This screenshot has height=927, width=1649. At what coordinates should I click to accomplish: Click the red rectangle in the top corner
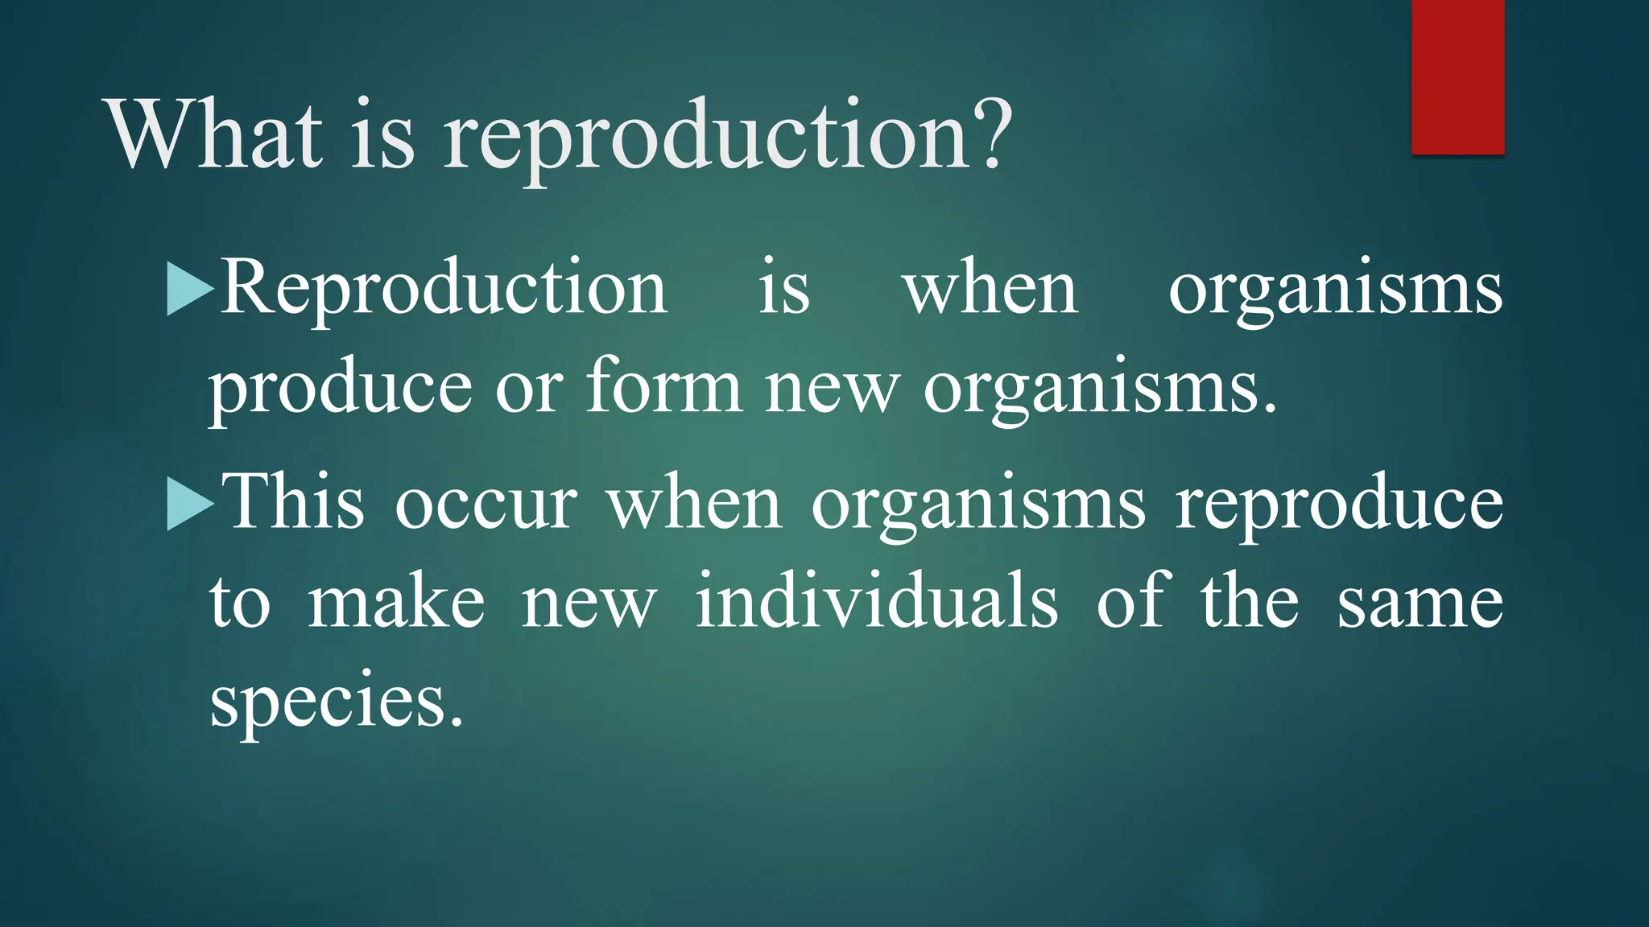point(1457,76)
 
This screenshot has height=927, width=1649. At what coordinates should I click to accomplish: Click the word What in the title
point(216,134)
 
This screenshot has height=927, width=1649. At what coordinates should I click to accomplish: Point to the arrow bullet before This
point(189,505)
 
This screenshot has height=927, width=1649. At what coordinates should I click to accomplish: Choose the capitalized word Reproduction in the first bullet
point(444,288)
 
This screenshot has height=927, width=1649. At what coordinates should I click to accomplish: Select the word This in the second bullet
point(293,503)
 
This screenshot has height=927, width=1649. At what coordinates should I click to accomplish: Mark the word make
point(396,603)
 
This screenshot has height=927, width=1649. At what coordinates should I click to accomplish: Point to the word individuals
point(876,602)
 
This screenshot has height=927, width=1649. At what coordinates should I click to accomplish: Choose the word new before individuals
point(589,605)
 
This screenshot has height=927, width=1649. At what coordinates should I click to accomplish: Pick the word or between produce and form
point(529,388)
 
